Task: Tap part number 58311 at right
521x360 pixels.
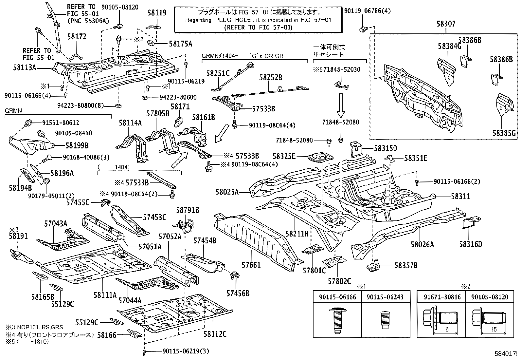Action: click(460, 197)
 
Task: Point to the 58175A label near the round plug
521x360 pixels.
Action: click(180, 44)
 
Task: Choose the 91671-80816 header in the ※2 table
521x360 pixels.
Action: click(442, 297)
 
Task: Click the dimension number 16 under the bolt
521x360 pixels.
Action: click(445, 330)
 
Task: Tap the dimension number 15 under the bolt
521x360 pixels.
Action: click(494, 330)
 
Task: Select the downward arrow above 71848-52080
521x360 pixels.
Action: click(341, 105)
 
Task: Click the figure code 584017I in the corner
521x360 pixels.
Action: click(506, 354)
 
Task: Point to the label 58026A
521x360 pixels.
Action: click(422, 244)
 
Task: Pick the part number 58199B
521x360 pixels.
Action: click(77, 145)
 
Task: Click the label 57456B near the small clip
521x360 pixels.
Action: click(238, 293)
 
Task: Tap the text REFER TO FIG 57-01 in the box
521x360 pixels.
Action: click(258, 27)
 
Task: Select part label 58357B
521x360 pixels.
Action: click(406, 265)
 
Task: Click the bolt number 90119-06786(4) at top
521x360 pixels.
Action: click(367, 11)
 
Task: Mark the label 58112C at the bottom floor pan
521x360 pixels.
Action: click(215, 334)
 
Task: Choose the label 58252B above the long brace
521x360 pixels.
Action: click(271, 77)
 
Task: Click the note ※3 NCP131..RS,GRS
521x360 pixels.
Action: click(34, 327)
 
